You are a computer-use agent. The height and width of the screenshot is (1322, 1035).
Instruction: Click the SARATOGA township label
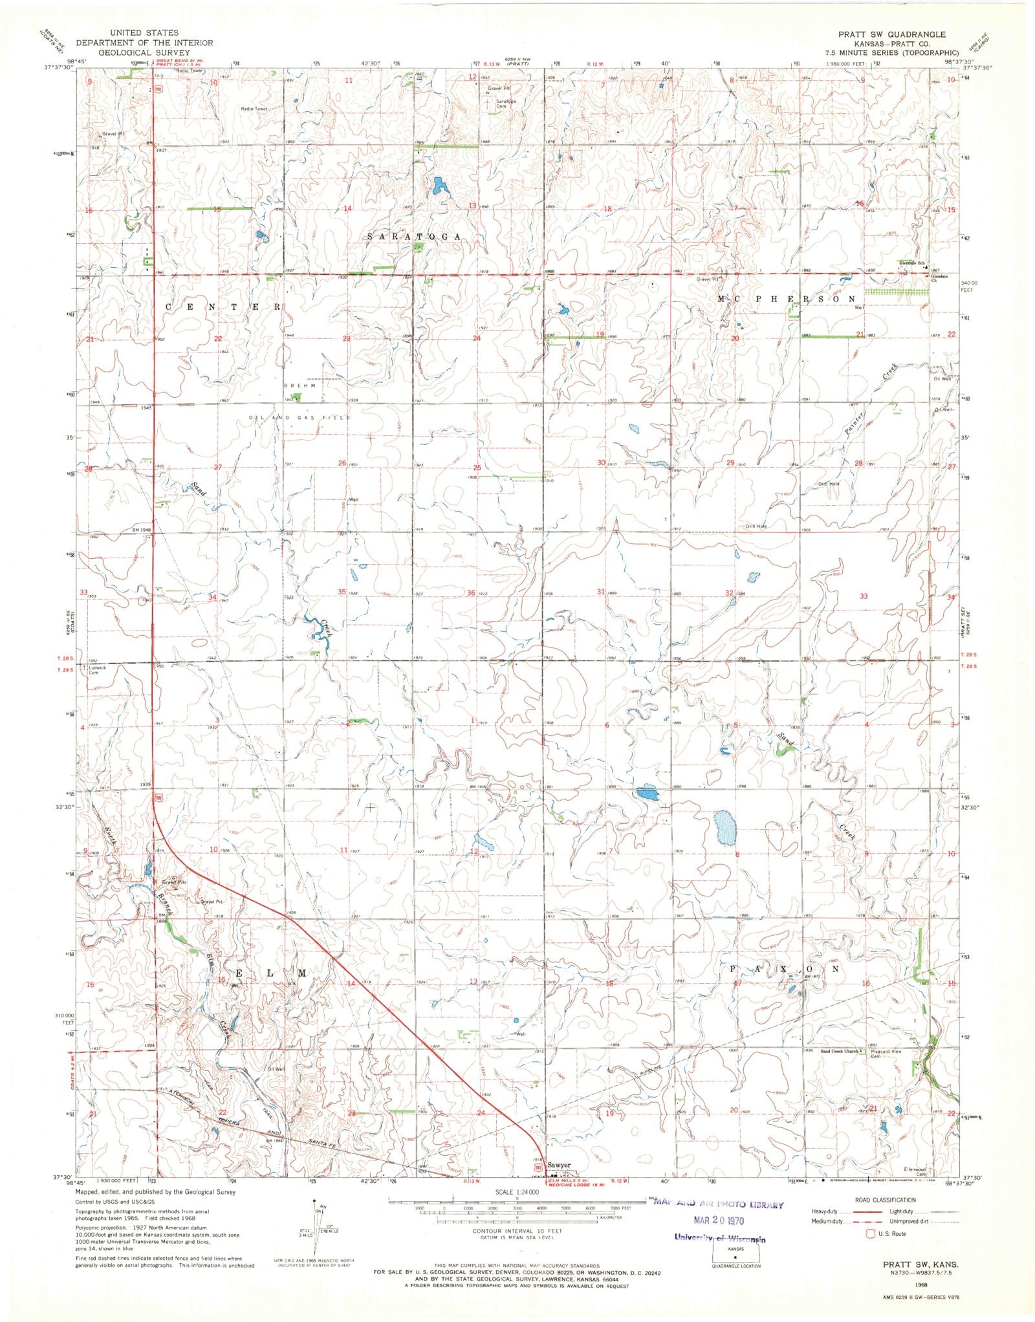click(415, 237)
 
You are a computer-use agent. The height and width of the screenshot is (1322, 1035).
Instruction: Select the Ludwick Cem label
click(97, 669)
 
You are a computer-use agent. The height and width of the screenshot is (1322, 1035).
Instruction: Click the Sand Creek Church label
click(840, 1052)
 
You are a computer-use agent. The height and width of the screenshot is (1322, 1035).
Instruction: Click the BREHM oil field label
click(299, 385)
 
